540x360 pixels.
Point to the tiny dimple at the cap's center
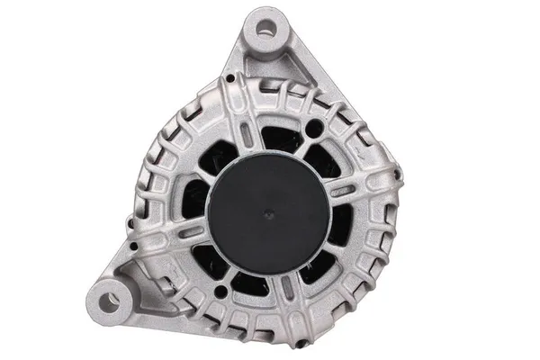pos(273,216)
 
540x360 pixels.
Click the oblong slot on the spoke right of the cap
pos(346,191)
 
